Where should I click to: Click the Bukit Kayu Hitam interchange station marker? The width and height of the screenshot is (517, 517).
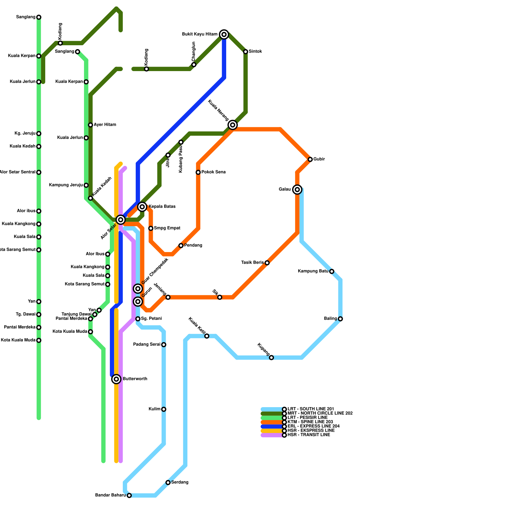[x=224, y=34]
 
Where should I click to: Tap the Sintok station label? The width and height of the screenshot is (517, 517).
[x=255, y=52]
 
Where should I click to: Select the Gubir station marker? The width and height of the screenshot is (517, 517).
[x=310, y=159]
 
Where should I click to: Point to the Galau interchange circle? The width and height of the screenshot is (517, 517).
[x=297, y=189]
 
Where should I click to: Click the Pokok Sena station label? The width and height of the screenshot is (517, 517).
[x=214, y=172]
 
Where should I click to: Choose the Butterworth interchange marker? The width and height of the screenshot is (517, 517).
[x=116, y=379]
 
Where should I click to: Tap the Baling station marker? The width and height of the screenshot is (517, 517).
[x=340, y=319]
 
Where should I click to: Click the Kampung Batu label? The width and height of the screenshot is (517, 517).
[x=313, y=271]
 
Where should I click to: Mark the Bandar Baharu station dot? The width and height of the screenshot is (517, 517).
[x=129, y=495]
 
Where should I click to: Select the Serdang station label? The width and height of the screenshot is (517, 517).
[x=180, y=482]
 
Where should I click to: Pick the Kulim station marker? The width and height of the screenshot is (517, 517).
[x=164, y=409]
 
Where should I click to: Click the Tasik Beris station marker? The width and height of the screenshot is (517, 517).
[x=267, y=263]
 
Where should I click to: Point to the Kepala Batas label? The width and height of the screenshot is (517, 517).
[x=162, y=207]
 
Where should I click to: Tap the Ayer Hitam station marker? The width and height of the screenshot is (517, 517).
[x=90, y=125]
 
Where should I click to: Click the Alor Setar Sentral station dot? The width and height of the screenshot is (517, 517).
[x=39, y=172]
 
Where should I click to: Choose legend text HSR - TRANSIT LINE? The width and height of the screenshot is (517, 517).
[x=309, y=435]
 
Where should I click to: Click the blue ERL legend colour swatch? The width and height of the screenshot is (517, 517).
[x=271, y=427]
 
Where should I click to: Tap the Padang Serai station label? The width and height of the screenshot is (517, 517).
[x=147, y=345]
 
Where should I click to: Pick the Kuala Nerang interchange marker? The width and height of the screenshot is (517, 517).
[x=233, y=125]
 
